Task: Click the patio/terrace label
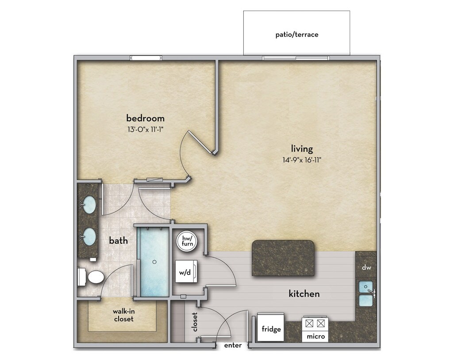[297, 34]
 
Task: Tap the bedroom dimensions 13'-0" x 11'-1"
[146, 130]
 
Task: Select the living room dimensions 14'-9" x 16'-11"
[302, 160]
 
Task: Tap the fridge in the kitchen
[271, 327]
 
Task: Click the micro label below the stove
[315, 336]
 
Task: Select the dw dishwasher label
[366, 268]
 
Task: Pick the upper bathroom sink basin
[89, 204]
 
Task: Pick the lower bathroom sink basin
[89, 237]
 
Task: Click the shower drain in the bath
[154, 262]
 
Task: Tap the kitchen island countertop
[283, 258]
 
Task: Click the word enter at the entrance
[233, 345]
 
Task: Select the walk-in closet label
[124, 315]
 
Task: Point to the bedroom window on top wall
[146, 58]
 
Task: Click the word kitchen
[304, 294]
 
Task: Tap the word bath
[118, 241]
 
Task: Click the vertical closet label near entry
[195, 322]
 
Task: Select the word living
[302, 149]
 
